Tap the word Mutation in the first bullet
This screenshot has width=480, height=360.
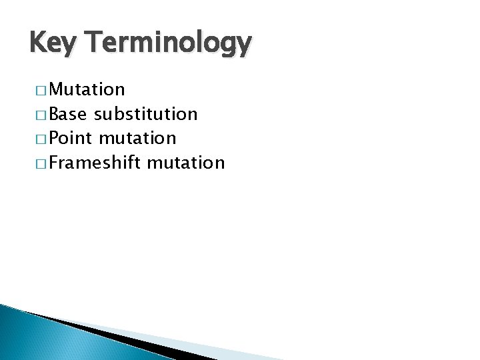point(86,89)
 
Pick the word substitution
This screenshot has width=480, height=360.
point(146,114)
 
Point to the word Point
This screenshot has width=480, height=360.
point(71,138)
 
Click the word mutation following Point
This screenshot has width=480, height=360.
point(138,138)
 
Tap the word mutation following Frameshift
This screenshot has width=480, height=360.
point(186,162)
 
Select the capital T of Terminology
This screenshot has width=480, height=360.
point(91,43)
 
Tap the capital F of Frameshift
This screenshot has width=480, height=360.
point(55,162)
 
